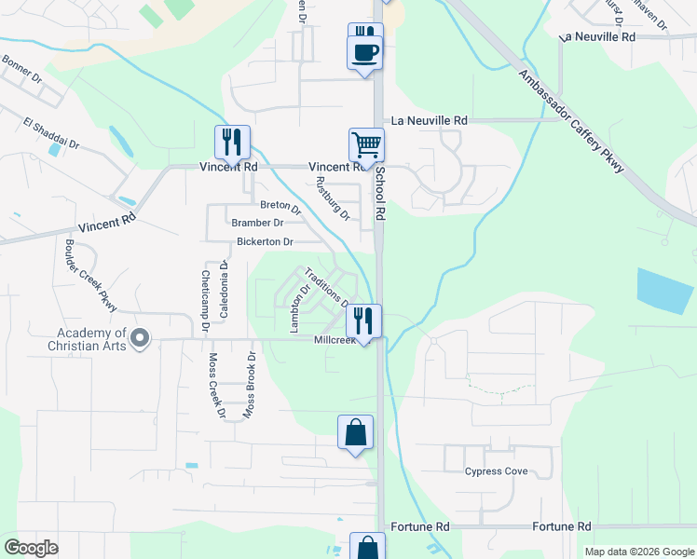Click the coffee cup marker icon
pyautogui.click(x=364, y=51)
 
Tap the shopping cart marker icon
pyautogui.click(x=367, y=144)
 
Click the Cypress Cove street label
pyautogui.click(x=496, y=471)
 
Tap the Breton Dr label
pyautogui.click(x=280, y=206)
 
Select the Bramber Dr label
pyautogui.click(x=257, y=224)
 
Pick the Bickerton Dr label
pyautogui.click(x=265, y=242)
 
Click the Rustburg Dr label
pyautogui.click(x=332, y=198)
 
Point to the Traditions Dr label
pyautogui.click(x=326, y=289)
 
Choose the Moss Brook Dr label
pyautogui.click(x=249, y=384)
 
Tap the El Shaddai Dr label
pyautogui.click(x=52, y=133)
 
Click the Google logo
pyautogui.click(x=31, y=548)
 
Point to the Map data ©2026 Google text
pyautogui.click(x=638, y=552)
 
